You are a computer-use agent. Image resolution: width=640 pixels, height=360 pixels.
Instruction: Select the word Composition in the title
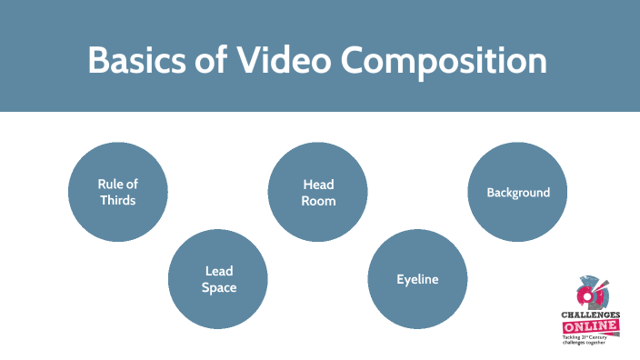click(443, 62)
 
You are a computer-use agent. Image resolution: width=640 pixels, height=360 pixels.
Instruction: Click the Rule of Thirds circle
click(118, 192)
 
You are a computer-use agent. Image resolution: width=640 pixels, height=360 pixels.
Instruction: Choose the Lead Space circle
click(219, 280)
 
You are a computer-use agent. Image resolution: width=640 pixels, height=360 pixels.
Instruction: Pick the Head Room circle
click(318, 192)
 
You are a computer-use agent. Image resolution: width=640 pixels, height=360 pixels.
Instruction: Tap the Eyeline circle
click(417, 280)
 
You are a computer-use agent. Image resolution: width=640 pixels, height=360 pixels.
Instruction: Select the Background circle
click(517, 192)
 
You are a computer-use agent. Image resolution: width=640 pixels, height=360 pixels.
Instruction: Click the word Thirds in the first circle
click(118, 200)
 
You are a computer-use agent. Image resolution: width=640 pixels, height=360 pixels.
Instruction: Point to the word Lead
click(220, 272)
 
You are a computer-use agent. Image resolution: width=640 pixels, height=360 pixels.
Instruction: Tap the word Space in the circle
click(220, 288)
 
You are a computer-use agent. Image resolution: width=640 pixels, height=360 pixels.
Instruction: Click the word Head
click(318, 184)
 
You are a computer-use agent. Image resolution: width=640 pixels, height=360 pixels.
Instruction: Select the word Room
click(318, 200)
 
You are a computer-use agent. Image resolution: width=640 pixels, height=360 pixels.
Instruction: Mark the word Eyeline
click(417, 280)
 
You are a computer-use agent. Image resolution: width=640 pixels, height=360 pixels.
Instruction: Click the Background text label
click(518, 193)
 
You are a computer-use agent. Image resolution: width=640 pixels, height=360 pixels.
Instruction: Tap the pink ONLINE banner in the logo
click(591, 326)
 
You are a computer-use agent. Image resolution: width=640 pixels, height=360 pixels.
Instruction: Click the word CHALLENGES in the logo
click(591, 315)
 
